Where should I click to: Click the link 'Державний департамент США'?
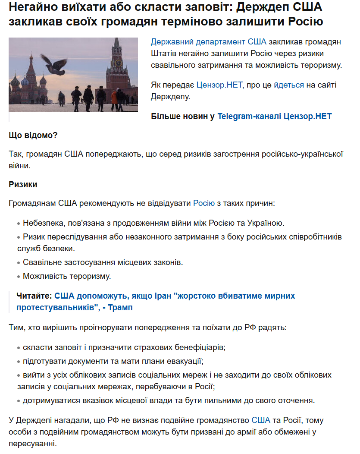tap(209, 42)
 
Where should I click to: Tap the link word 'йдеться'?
tap(289, 85)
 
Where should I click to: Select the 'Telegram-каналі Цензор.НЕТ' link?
tap(275, 117)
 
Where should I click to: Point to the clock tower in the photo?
tap(118, 69)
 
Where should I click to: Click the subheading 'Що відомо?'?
tap(33, 135)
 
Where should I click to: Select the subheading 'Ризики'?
tap(23, 185)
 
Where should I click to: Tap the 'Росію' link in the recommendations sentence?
tap(204, 203)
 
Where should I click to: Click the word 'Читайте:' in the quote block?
tap(34, 296)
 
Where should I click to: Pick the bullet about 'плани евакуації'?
tap(113, 361)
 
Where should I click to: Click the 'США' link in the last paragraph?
tap(261, 420)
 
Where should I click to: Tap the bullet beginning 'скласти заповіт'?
tap(124, 347)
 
